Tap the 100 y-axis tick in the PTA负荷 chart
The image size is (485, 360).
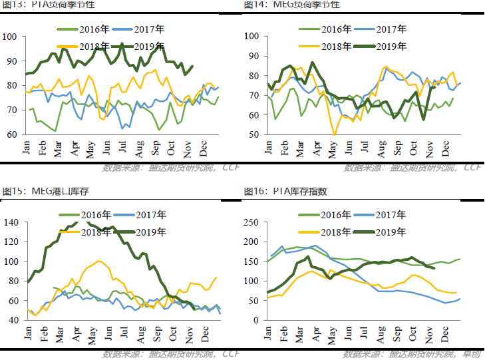[x=13, y=36]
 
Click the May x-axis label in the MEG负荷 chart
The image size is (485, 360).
[x=331, y=145]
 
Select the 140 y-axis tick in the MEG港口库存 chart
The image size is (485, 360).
[x=13, y=222]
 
